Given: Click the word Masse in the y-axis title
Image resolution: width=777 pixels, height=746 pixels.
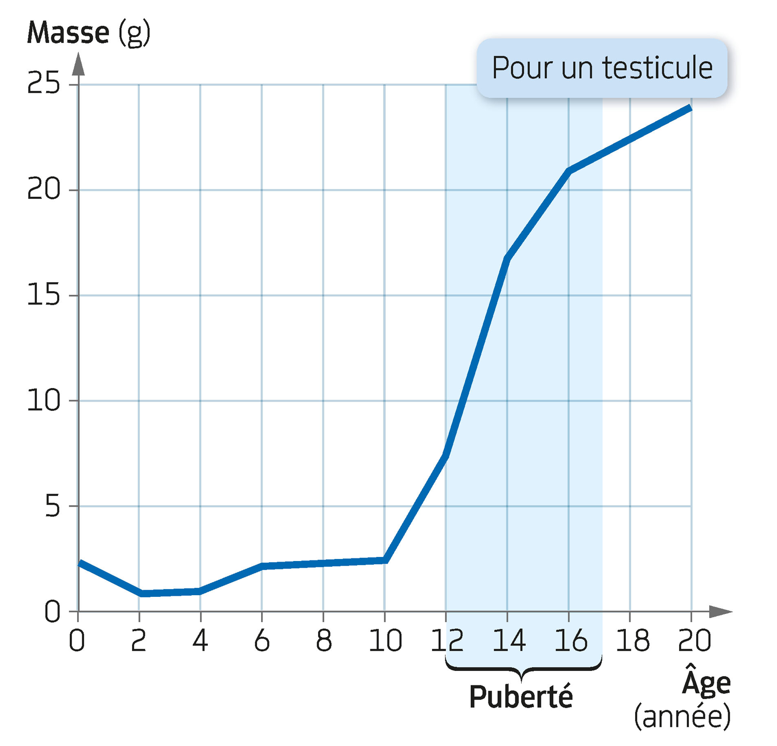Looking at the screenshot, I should [68, 33].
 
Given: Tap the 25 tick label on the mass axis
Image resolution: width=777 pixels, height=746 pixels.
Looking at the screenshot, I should [44, 83].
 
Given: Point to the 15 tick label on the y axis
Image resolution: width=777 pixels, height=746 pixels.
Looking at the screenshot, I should [44, 296].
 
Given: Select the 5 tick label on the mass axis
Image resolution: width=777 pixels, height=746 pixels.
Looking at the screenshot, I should [53, 506].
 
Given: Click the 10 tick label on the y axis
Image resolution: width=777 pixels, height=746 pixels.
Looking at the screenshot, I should [44, 401].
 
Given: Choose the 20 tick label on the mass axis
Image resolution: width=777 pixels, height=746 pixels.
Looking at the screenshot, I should [44, 190].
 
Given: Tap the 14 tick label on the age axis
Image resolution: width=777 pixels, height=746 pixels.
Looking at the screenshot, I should [509, 641].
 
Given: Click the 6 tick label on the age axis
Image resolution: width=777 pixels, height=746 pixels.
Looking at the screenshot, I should [262, 641].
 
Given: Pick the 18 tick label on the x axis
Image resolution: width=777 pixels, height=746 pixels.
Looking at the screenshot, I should [632, 641].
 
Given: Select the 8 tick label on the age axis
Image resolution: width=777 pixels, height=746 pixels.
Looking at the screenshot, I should [324, 641].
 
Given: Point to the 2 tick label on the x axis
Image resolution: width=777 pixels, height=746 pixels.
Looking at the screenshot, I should [138, 641].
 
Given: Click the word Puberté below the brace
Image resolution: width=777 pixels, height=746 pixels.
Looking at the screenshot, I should [521, 697].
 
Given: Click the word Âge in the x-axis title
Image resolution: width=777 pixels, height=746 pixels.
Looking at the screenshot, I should [706, 682].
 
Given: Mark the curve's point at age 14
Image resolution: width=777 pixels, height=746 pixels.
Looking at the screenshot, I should [507, 259].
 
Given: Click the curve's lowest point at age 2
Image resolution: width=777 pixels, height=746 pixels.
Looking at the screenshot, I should [140, 594].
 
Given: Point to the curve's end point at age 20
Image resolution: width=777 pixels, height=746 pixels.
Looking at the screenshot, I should [690, 108].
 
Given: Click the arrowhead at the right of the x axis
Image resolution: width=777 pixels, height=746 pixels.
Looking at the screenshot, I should [721, 611].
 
